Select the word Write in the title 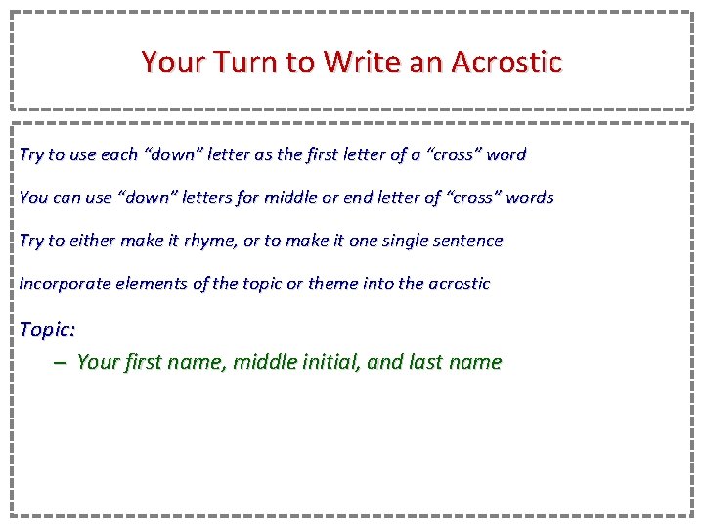(357, 63)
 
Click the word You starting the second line (33, 198)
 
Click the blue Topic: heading (48, 330)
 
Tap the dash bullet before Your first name (61, 362)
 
